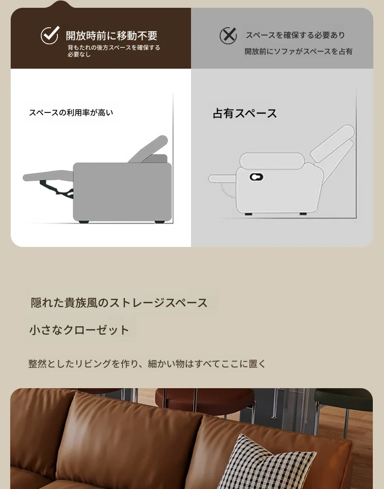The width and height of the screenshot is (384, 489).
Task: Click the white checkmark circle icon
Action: point(50,35)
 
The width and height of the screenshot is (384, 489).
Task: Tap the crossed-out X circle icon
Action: point(228,35)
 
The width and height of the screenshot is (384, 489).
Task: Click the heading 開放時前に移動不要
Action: point(111,36)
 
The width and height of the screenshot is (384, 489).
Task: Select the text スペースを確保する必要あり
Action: point(296,35)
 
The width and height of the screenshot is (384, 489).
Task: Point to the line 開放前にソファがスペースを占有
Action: point(298,51)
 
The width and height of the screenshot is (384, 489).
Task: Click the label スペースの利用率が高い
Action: point(71,113)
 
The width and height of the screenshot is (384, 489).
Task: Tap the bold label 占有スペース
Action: point(245,113)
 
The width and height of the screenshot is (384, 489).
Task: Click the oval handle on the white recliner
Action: point(257,177)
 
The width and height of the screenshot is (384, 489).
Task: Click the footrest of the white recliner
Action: point(223,178)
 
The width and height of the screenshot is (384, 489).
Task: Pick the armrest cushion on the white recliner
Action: point(272,161)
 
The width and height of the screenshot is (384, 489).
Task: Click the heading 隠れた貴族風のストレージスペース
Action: point(119,303)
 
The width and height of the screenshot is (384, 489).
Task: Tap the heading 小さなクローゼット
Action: point(79,330)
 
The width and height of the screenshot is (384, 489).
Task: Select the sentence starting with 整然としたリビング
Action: point(147,364)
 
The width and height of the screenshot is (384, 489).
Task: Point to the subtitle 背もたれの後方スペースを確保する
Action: point(114,48)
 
